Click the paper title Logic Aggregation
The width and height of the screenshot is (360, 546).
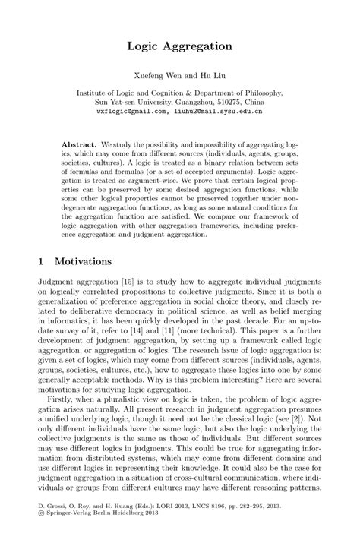pyautogui.click(x=180, y=46)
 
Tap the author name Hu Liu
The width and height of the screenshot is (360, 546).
pyautogui.click(x=210, y=76)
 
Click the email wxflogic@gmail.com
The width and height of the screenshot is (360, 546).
pyautogui.click(x=131, y=110)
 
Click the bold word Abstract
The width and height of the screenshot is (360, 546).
pyautogui.click(x=79, y=144)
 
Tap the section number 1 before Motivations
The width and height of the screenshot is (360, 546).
pyautogui.click(x=41, y=261)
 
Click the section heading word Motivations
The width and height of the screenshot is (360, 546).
pyautogui.click(x=84, y=261)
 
